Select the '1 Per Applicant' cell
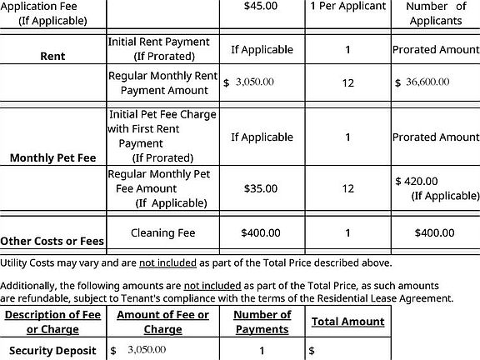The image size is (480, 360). point(347,7)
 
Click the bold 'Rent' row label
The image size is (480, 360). point(52,58)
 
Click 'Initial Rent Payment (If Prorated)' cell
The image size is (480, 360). point(159,49)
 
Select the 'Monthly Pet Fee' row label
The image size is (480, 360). point(52,157)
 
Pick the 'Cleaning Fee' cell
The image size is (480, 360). point(163,233)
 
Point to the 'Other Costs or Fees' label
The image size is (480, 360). point(52,242)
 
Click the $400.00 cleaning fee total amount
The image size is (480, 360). point(435,233)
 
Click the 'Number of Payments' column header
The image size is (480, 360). point(262,322)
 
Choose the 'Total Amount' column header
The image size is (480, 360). point(347,322)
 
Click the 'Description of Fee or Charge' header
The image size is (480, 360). point(52,322)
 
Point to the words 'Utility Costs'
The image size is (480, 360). point(28,263)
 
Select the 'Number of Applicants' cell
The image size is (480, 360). point(435,12)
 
